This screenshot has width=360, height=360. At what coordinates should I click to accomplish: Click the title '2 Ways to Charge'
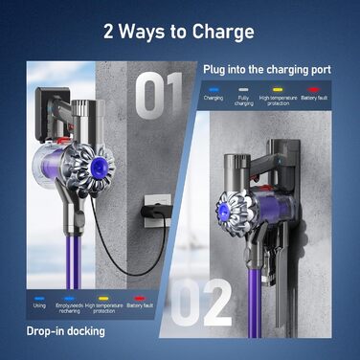tap(180, 32)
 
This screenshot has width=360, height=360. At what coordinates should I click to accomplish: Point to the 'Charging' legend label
tap(214, 98)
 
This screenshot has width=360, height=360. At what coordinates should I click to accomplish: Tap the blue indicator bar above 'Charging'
tap(214, 88)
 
